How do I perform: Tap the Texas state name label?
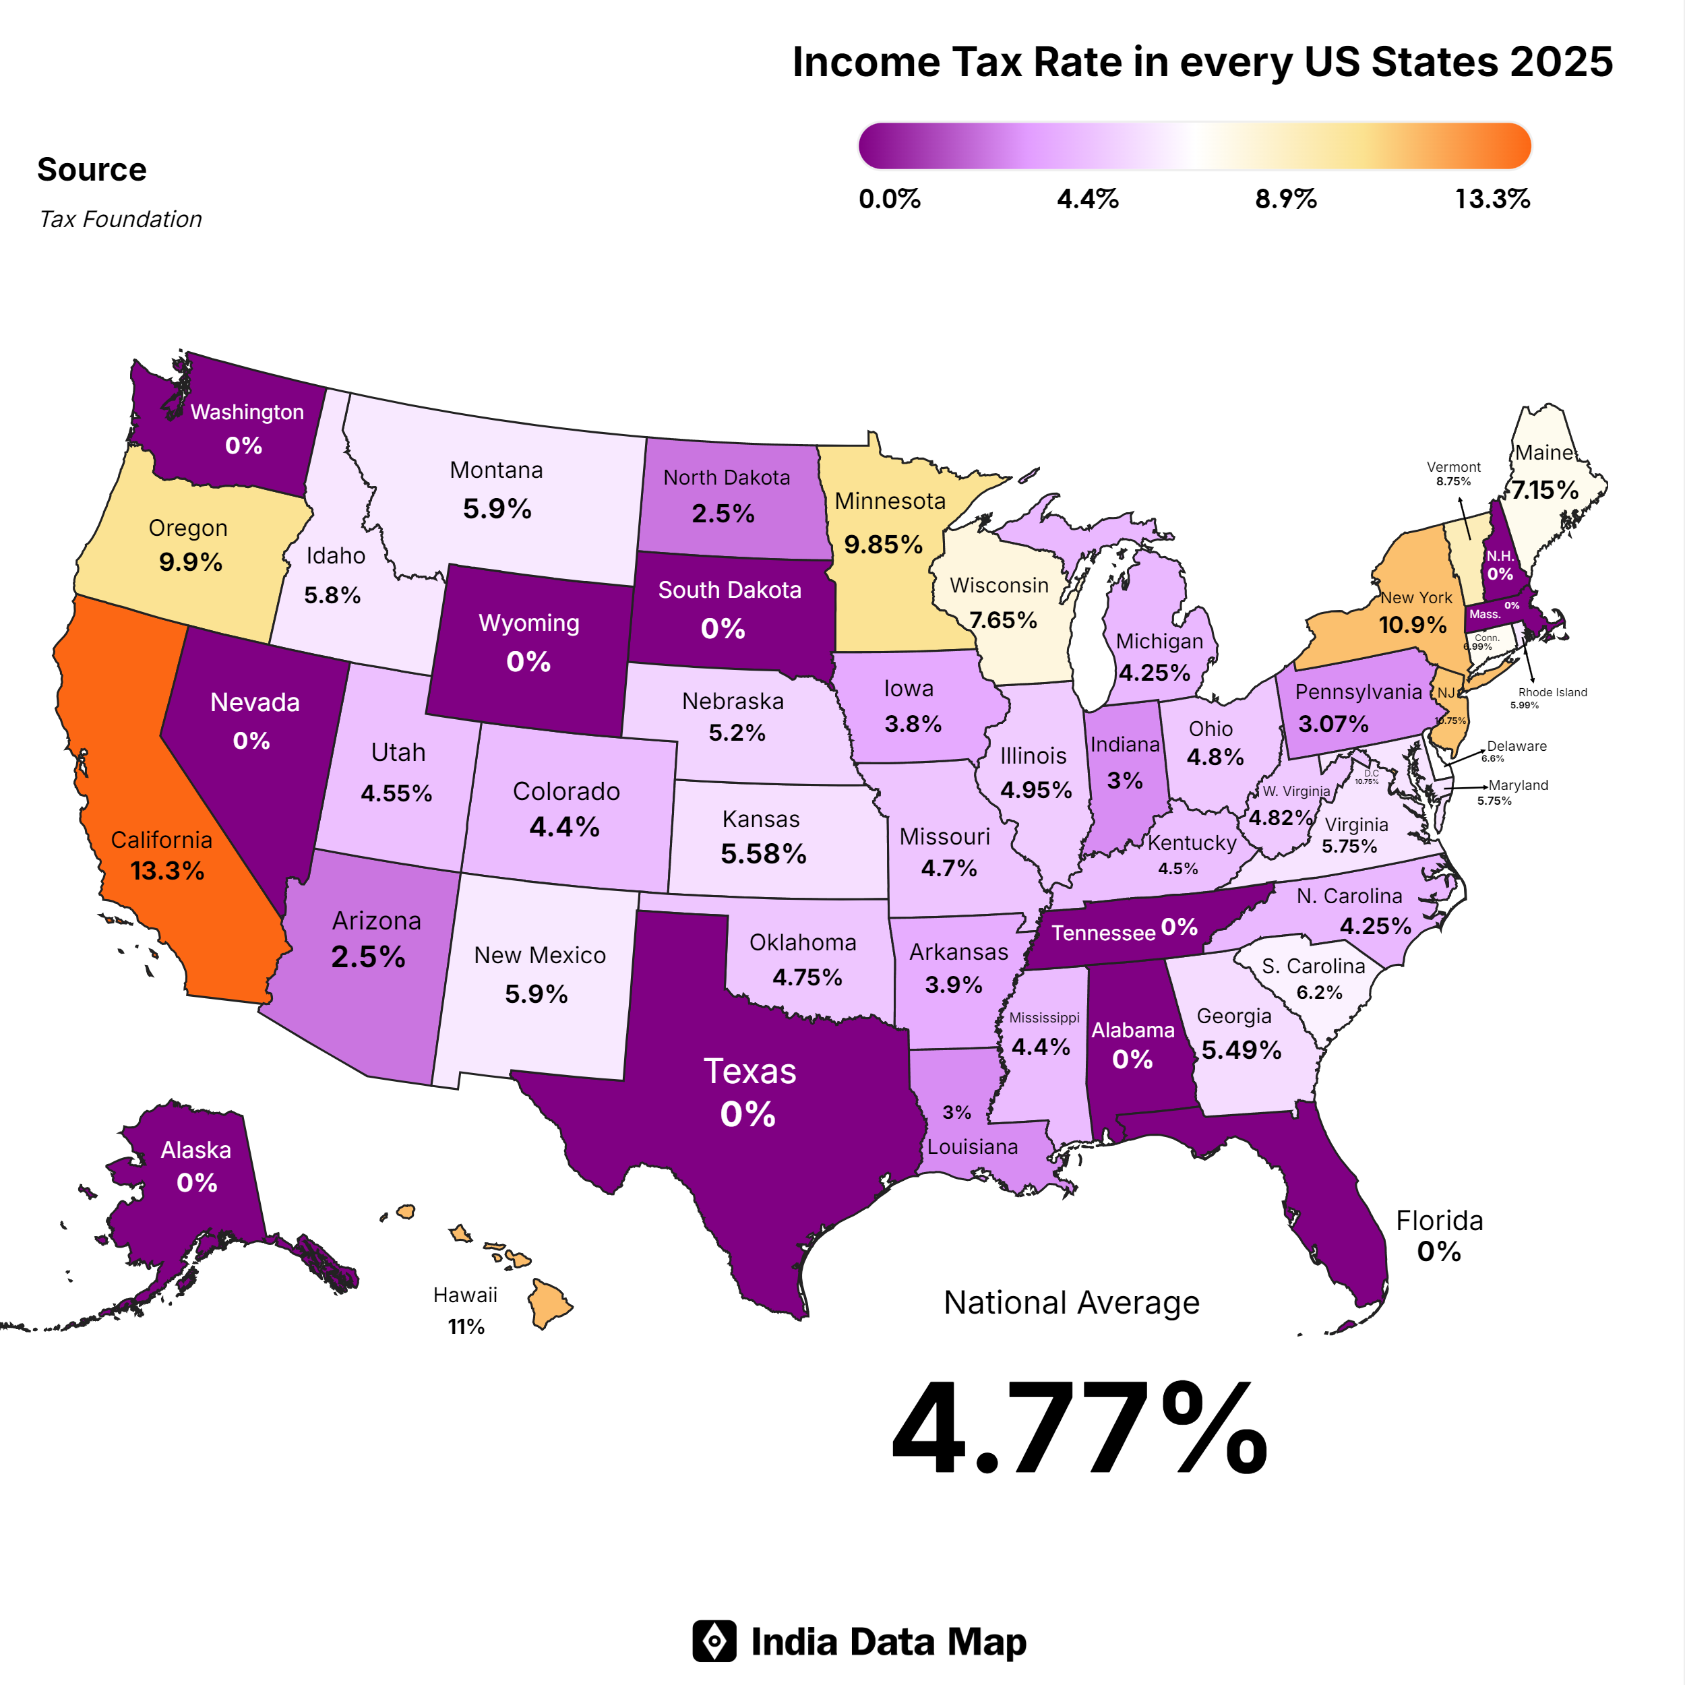749,1071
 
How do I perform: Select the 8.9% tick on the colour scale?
1285,199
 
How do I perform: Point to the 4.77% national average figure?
1079,1430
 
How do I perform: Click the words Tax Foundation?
121,219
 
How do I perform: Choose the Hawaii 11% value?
466,1326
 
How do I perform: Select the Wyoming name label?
528,623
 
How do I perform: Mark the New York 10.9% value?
1412,625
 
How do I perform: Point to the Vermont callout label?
1453,468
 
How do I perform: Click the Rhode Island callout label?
1552,692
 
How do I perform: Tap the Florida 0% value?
1438,1252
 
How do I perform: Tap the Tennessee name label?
1103,933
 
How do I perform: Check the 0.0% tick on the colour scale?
889,199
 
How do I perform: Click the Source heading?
92,169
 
